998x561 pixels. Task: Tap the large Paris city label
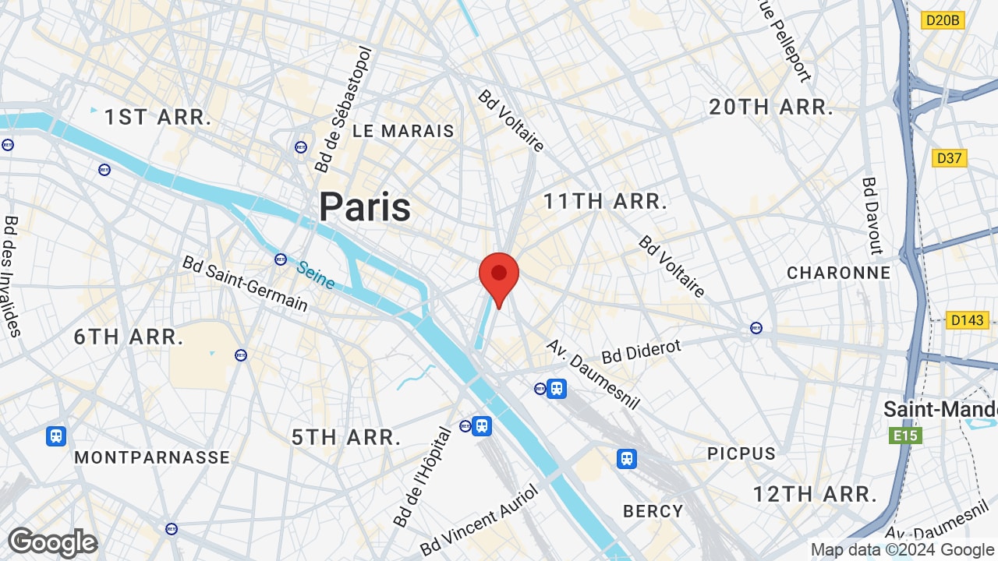(365, 207)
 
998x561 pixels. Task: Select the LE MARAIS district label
(403, 131)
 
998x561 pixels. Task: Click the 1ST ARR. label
(158, 118)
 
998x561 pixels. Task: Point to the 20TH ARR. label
(771, 108)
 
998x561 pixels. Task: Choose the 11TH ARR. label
(605, 202)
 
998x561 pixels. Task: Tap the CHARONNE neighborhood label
(838, 273)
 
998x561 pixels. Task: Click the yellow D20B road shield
(943, 20)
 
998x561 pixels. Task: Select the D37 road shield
(949, 158)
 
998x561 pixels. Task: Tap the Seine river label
(316, 274)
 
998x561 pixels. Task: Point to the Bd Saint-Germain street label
(245, 283)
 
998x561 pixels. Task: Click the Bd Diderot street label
(641, 352)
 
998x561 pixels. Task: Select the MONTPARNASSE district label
(152, 457)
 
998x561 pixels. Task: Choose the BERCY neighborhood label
(653, 511)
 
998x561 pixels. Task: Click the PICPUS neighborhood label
(741, 453)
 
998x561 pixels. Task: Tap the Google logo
(53, 542)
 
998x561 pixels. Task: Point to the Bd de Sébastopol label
(344, 109)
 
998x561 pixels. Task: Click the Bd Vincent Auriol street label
(479, 519)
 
